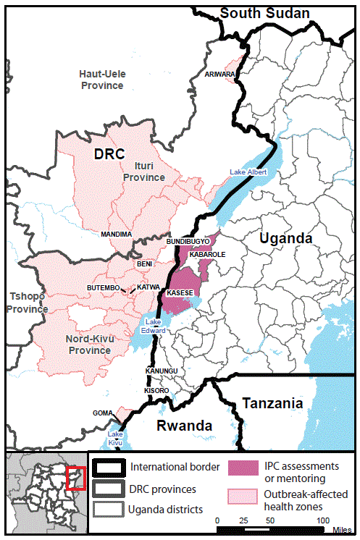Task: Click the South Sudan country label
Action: tap(264, 13)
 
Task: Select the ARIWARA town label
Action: tap(220, 74)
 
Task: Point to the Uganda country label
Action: tap(287, 238)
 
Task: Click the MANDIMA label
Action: tap(116, 235)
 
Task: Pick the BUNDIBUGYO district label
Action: tap(188, 240)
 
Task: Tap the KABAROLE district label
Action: tap(208, 255)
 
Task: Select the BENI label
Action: tap(144, 264)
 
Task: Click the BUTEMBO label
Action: tap(103, 288)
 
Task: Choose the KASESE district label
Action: tap(180, 293)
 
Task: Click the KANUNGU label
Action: tap(161, 371)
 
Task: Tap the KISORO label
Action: tap(156, 391)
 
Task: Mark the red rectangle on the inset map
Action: tap(76, 478)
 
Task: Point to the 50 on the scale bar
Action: tap(270, 520)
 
